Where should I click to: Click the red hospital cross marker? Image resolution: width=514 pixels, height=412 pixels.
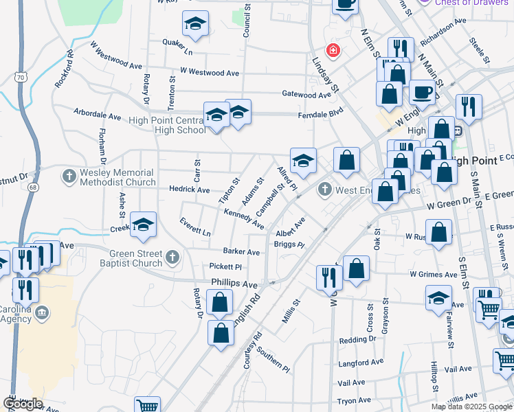(x=333, y=50)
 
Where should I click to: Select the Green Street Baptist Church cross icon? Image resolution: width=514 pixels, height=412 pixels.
(x=172, y=257)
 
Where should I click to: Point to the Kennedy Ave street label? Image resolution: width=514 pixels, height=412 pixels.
(x=243, y=220)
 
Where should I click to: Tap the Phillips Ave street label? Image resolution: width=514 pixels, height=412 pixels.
(x=234, y=284)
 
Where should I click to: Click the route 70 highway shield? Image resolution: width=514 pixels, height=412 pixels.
(x=23, y=78)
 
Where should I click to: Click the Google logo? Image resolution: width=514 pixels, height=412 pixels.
(x=23, y=404)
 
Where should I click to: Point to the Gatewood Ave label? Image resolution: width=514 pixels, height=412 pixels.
(x=306, y=95)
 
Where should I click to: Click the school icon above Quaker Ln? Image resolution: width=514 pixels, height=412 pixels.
(x=195, y=24)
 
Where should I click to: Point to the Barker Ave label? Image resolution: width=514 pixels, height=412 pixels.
(x=241, y=252)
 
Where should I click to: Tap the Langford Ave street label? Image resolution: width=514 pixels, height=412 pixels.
(x=360, y=362)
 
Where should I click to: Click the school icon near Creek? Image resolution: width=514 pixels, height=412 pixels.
(x=143, y=225)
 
